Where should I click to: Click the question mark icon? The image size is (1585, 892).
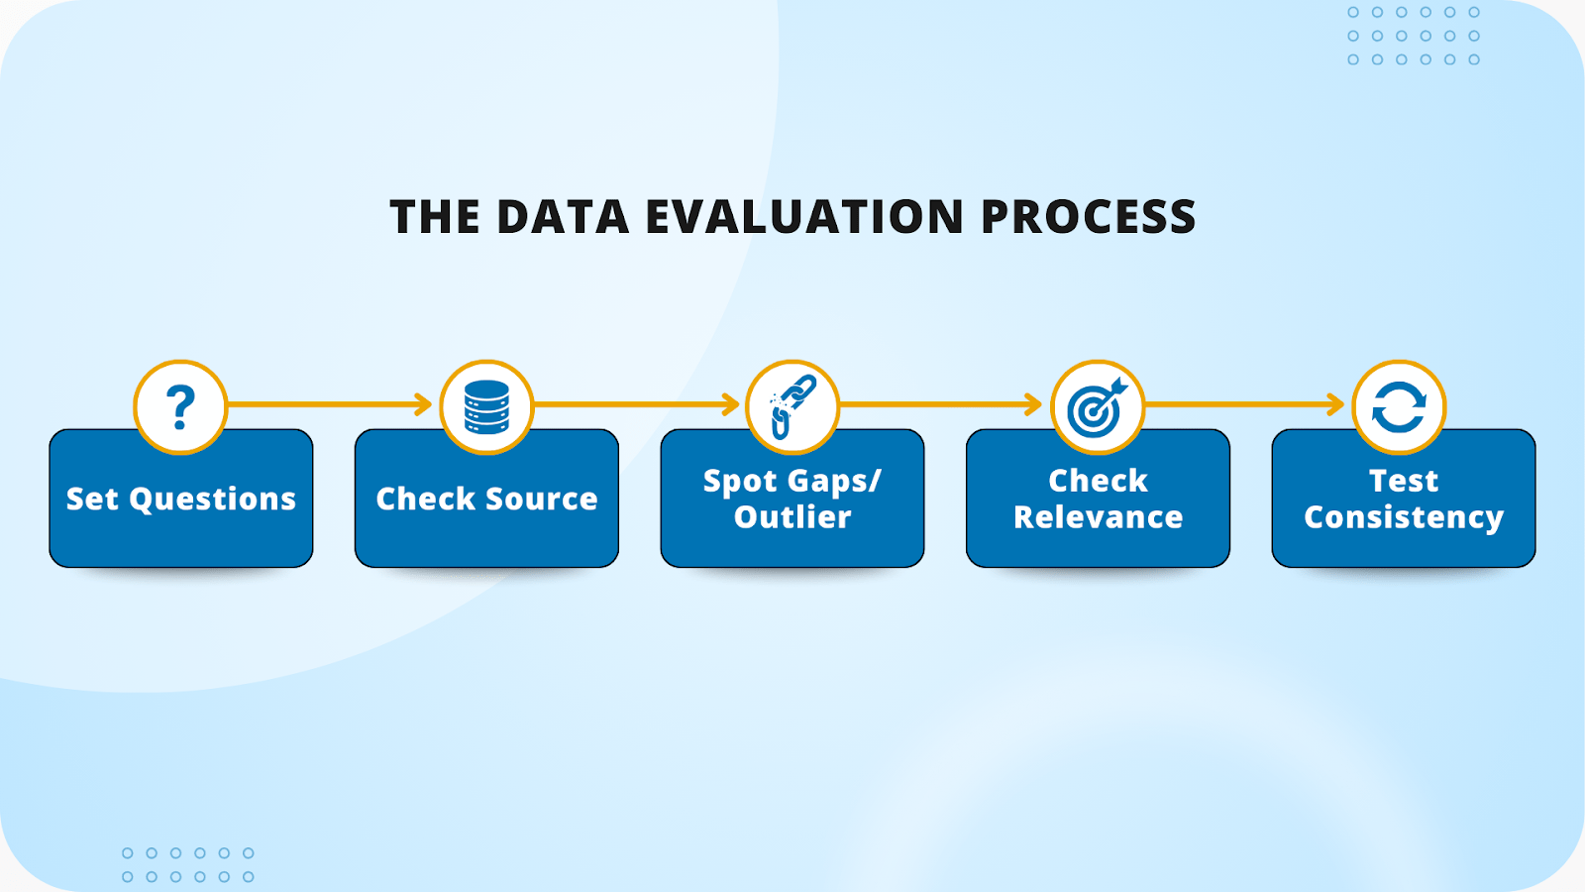tap(180, 406)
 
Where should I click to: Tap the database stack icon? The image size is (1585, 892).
tap(486, 406)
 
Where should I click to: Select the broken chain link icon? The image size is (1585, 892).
tap(792, 406)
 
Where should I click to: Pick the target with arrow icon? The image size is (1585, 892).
tap(1098, 406)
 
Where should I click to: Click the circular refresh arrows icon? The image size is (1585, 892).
tap(1399, 406)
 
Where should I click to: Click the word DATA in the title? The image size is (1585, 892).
tap(563, 217)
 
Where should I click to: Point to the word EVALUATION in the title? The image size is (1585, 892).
tap(804, 217)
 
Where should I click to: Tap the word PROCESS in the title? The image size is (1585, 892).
tap(1088, 217)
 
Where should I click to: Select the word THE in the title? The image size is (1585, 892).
tap(434, 217)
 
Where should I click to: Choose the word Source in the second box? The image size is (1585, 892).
tap(541, 499)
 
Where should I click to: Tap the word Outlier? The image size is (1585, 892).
tap(792, 517)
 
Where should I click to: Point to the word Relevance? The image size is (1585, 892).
tap(1098, 517)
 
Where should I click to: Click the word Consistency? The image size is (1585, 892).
tap(1404, 517)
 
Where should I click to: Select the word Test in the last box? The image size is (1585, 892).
tap(1404, 481)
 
